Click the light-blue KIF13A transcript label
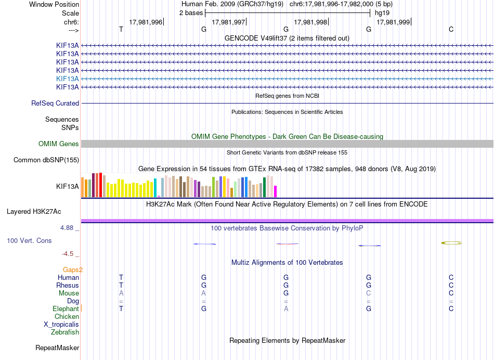pos(68,79)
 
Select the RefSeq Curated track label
pos(55,104)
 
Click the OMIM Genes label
pos(59,144)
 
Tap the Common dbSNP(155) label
pos(46,160)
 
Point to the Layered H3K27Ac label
pos(34,212)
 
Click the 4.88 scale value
pos(67,227)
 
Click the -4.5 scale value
pos(68,254)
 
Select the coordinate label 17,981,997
pos(228,22)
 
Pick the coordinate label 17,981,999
pos(393,22)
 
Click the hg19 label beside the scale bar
pos(382,13)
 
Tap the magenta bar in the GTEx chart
pos(276,191)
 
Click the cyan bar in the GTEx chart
pos(155,188)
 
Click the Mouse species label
pos(69,293)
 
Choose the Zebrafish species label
pos(65,332)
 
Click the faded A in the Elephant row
pos(286,309)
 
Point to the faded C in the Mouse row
pos(369,293)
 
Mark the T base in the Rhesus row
pos(121,285)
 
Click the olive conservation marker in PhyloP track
pos(451,243)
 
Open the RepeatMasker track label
pos(57,348)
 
